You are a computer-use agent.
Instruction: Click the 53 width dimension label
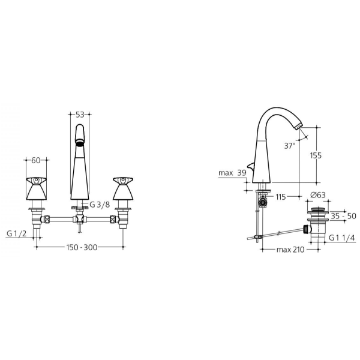coord(80,115)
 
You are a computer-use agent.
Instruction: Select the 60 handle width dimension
coord(36,160)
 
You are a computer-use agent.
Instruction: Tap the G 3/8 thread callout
coord(100,205)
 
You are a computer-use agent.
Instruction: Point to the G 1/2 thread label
coord(17,234)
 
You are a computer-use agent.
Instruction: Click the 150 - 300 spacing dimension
coord(82,247)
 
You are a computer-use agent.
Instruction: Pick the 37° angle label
coord(290,146)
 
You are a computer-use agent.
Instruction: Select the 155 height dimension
coord(316,155)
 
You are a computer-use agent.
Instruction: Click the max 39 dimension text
coord(232,173)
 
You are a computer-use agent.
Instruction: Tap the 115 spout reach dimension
coord(281,197)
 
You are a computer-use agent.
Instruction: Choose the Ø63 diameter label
coord(318,195)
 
